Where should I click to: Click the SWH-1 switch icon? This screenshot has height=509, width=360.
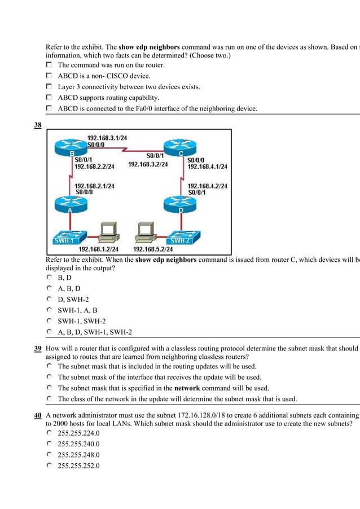point(67,237)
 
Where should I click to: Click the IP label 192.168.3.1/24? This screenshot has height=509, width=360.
point(107,137)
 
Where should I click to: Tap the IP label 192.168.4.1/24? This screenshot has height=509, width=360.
point(207,166)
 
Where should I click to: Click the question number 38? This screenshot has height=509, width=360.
point(38,125)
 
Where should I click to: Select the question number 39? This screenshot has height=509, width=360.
point(38,349)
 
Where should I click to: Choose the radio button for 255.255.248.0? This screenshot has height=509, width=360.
point(50,454)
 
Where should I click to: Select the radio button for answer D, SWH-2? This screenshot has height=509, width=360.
point(50,299)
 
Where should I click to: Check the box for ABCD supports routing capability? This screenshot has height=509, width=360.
point(50,98)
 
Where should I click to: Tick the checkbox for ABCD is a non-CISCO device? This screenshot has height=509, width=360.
point(50,76)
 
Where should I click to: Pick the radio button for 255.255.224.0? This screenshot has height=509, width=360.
point(50,433)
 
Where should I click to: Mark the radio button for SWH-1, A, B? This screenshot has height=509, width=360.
point(50,310)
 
